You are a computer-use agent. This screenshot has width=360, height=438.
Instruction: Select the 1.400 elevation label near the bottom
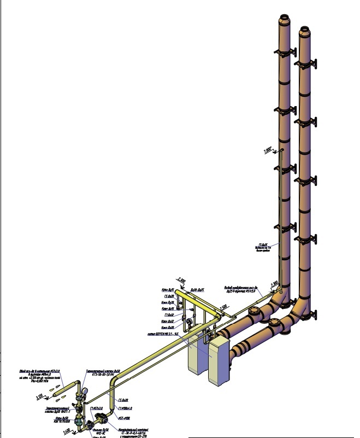(66, 431)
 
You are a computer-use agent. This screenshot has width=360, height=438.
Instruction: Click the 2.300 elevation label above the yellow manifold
(183, 279)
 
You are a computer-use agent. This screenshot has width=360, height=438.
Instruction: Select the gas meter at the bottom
(101, 421)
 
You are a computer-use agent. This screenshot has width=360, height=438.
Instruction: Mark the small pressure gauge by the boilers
(189, 322)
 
